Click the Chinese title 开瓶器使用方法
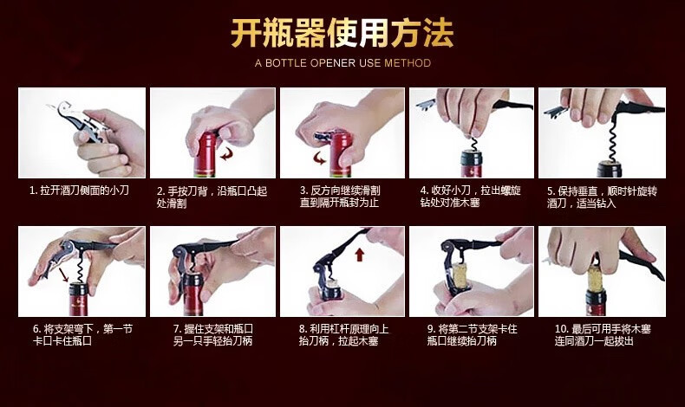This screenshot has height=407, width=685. (342, 33)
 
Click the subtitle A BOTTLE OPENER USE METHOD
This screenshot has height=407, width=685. (343, 63)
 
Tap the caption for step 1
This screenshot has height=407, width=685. (79, 191)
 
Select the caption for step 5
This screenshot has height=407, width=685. (602, 197)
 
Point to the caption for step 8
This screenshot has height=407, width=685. (344, 335)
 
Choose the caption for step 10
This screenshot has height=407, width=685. (603, 335)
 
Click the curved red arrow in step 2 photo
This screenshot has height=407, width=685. (226, 153)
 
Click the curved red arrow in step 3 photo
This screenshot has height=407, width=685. (320, 158)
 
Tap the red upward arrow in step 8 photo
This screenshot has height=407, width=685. (360, 255)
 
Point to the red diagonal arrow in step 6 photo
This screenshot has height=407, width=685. (64, 275)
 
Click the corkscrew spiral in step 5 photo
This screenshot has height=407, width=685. (609, 141)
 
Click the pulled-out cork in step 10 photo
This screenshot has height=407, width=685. (595, 277)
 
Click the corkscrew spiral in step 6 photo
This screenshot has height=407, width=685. (80, 268)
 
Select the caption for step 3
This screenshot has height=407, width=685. (340, 197)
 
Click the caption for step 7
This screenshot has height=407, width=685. (212, 335)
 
